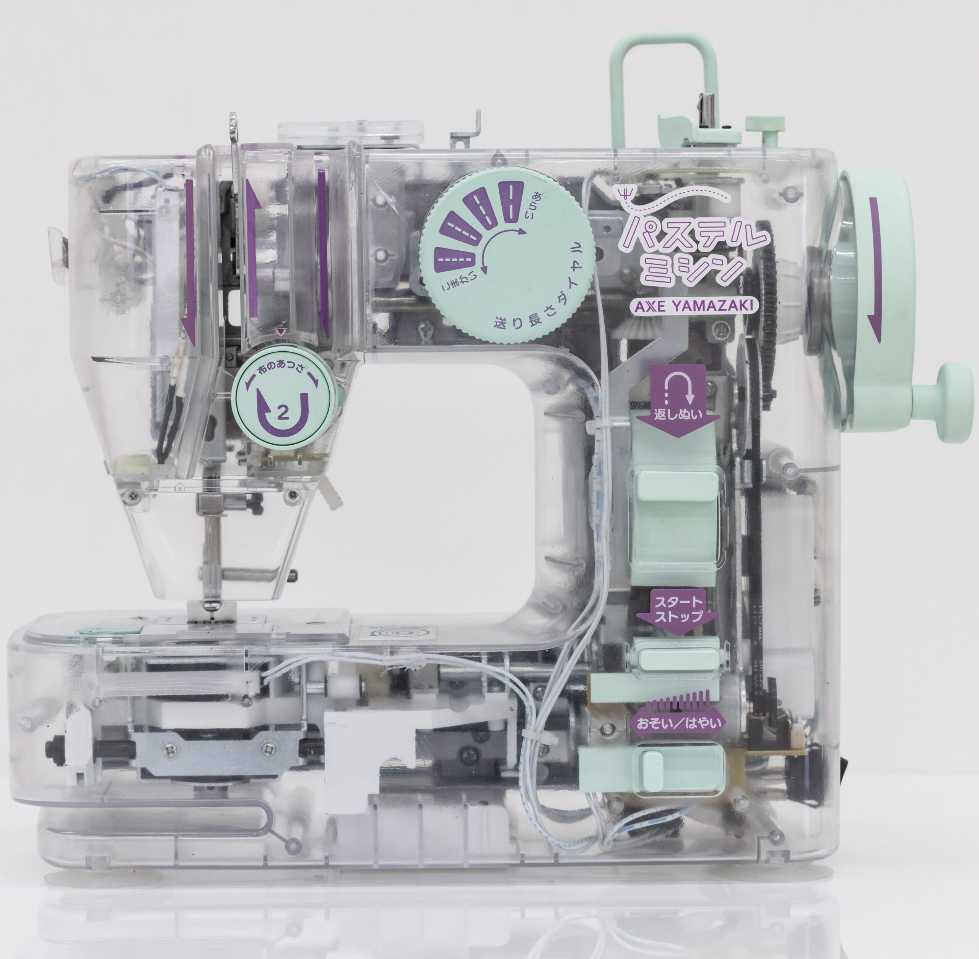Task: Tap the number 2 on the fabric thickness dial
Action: pyautogui.click(x=283, y=414)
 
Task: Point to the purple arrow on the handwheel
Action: pyautogui.click(x=875, y=270)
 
